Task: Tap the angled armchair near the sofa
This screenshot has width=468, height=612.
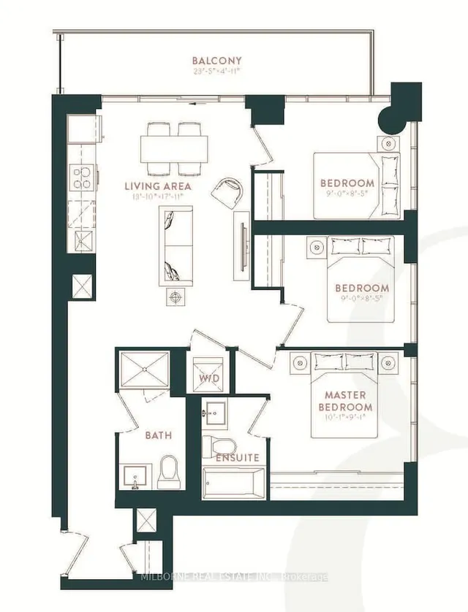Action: click(226, 193)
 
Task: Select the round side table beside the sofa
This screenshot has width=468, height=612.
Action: click(175, 297)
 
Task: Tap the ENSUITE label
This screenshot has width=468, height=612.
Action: click(237, 458)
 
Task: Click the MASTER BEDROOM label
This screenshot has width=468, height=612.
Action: click(348, 401)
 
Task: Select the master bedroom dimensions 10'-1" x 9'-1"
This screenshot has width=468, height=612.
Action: click(348, 419)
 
